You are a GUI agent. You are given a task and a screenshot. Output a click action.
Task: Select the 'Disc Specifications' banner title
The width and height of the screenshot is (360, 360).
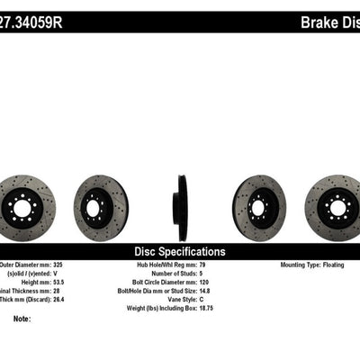click(x=179, y=252)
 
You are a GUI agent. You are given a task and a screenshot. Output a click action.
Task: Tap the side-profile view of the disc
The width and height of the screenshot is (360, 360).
click(x=182, y=208)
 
